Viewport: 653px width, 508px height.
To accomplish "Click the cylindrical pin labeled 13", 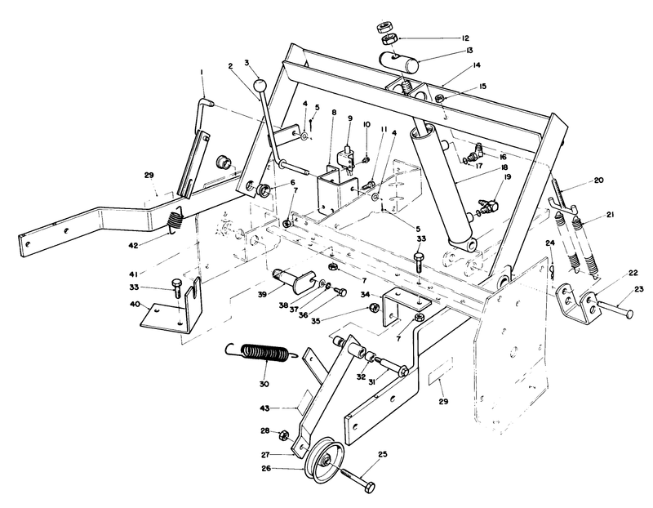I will (399, 62).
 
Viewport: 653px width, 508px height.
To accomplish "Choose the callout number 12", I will (464, 38).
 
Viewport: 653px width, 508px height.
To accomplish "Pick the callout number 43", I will (264, 408).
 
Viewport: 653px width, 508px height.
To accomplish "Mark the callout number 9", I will (349, 119).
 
